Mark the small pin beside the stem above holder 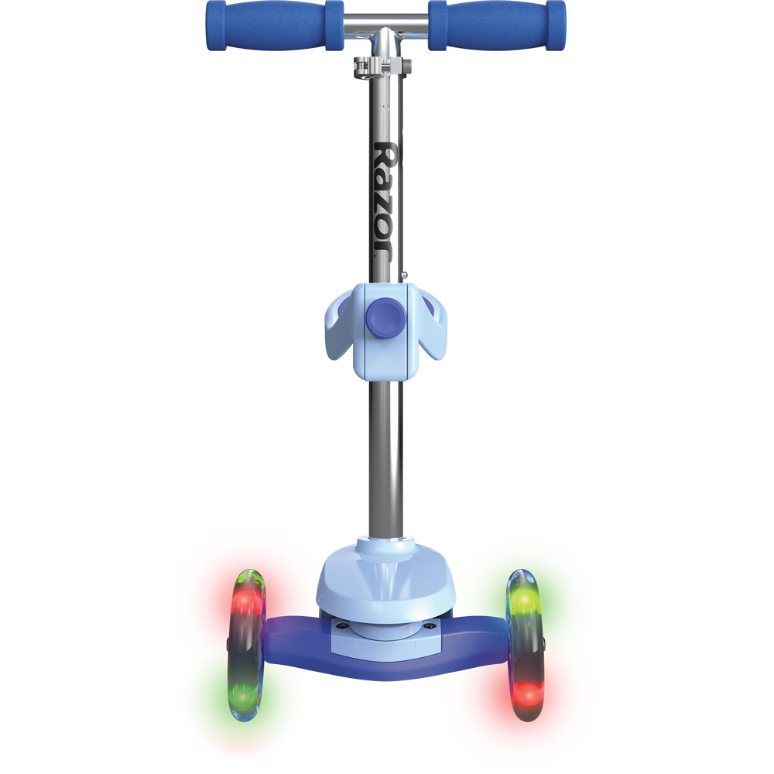(406, 272)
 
